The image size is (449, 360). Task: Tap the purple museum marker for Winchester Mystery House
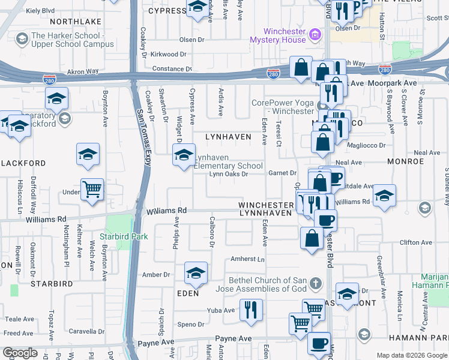(x=314, y=35)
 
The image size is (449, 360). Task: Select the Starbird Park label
(x=124, y=236)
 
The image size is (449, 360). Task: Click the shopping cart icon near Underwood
(x=92, y=190)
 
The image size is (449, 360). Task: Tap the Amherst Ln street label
(x=248, y=259)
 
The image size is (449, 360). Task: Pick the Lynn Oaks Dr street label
(x=229, y=175)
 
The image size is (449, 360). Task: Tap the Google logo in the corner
(x=20, y=353)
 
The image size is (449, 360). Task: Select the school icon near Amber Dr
(x=196, y=273)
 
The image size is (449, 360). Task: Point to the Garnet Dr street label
(x=283, y=173)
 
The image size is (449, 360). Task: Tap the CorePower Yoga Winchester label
(x=282, y=106)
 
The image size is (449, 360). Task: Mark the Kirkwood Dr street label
(x=169, y=54)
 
